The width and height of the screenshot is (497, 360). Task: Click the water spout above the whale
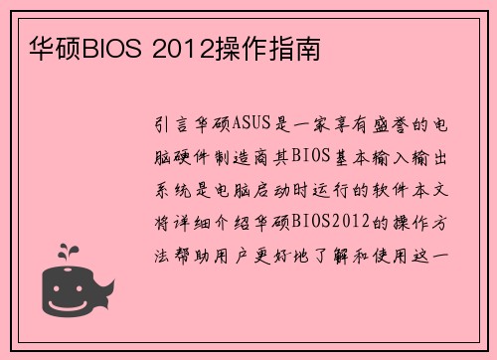[x=67, y=252]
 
